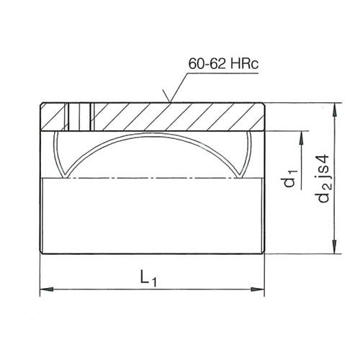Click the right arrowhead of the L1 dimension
[258, 290]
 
